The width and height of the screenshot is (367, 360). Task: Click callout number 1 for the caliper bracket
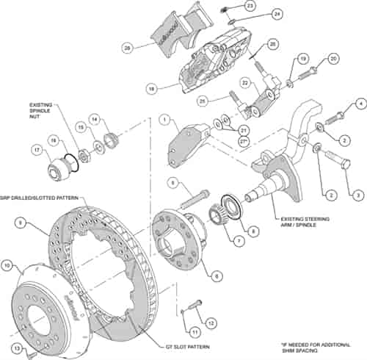pos(166,118)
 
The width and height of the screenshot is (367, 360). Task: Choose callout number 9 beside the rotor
pos(21,221)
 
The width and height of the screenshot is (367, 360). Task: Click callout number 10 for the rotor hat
pos(7,264)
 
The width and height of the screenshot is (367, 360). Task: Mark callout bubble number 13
pos(16,348)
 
